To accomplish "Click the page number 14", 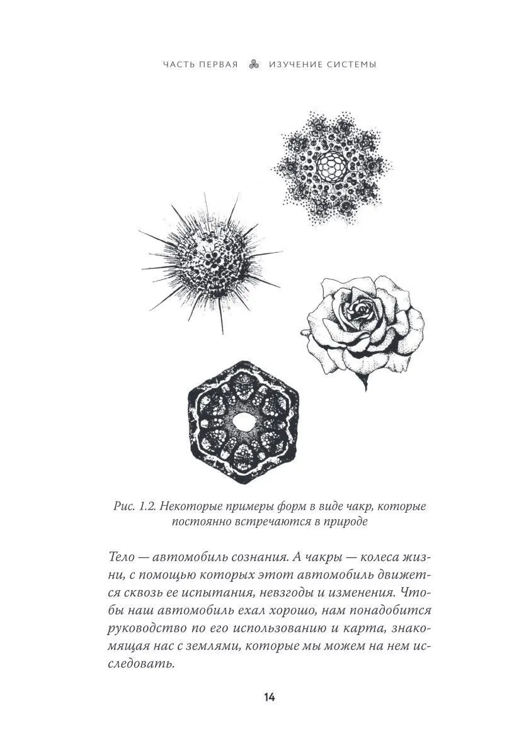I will (269, 696).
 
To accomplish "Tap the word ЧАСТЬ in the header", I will (177, 65).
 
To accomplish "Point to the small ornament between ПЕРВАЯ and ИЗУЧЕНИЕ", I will (254, 65).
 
